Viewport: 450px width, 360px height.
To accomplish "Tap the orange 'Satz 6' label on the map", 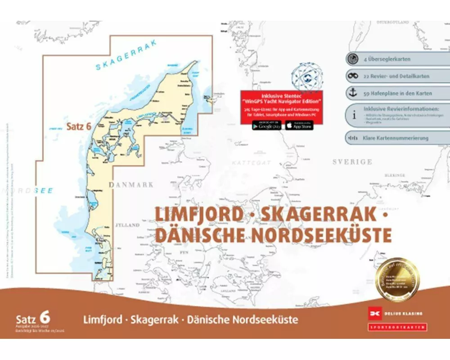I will tap(79, 126).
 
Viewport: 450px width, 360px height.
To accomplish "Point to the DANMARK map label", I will tap(130, 184).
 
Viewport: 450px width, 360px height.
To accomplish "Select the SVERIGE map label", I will tap(352, 162).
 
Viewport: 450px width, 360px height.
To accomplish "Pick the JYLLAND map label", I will tap(127, 225).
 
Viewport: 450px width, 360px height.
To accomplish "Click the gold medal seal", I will tap(397, 279).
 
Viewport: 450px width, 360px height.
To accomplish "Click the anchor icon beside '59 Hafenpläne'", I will tap(353, 93).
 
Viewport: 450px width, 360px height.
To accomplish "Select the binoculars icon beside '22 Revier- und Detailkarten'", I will tap(353, 76).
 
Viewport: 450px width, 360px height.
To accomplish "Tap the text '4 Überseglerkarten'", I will tap(387, 59).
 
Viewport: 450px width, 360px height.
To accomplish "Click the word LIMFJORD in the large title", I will tap(199, 214).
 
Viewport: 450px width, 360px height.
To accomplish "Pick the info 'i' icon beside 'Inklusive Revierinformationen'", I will tap(354, 115).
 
